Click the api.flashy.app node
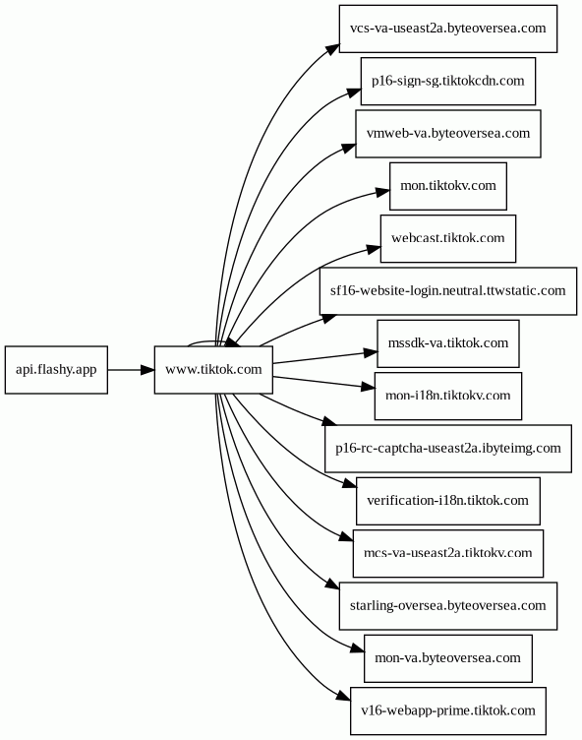coord(56,370)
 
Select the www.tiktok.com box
coord(213,370)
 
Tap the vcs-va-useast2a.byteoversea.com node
coord(448,29)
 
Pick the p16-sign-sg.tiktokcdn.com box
coord(448,81)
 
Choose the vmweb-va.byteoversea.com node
coord(448,134)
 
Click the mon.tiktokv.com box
coord(448,186)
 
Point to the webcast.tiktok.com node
coord(448,239)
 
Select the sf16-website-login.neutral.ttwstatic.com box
coord(448,291)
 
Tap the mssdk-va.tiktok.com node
coord(448,343)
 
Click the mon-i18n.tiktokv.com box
coord(448,396)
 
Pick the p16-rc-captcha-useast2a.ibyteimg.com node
coord(448,449)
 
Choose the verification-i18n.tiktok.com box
coord(448,501)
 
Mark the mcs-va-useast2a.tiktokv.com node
coord(448,553)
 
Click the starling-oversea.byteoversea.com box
coord(448,606)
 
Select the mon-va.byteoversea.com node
coord(448,658)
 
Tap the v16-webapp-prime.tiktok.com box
coord(448,710)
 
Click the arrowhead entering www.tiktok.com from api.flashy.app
coord(147,370)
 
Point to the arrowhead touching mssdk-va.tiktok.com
coord(371,352)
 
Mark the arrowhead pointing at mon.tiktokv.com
coord(383,192)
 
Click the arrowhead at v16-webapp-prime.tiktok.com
coord(344,696)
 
